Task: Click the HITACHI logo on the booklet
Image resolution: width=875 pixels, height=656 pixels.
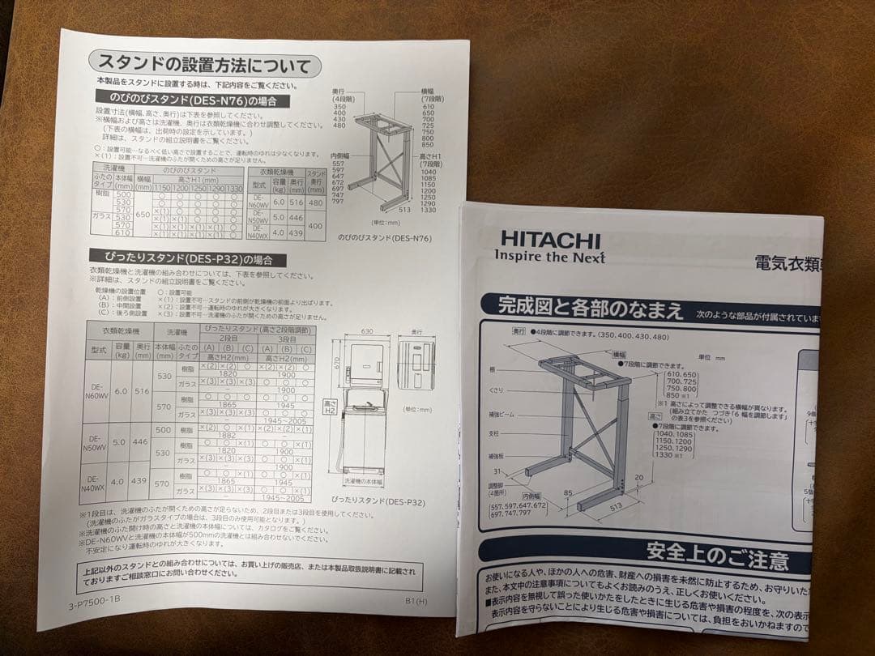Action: pyautogui.click(x=549, y=240)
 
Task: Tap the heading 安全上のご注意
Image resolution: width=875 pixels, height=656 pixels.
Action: pyautogui.click(x=717, y=558)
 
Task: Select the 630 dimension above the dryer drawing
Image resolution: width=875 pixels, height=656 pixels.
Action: pyautogui.click(x=366, y=331)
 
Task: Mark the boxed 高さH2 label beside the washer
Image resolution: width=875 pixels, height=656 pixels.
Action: pyautogui.click(x=330, y=407)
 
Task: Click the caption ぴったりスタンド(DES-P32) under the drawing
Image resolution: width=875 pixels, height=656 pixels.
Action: pyautogui.click(x=378, y=502)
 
